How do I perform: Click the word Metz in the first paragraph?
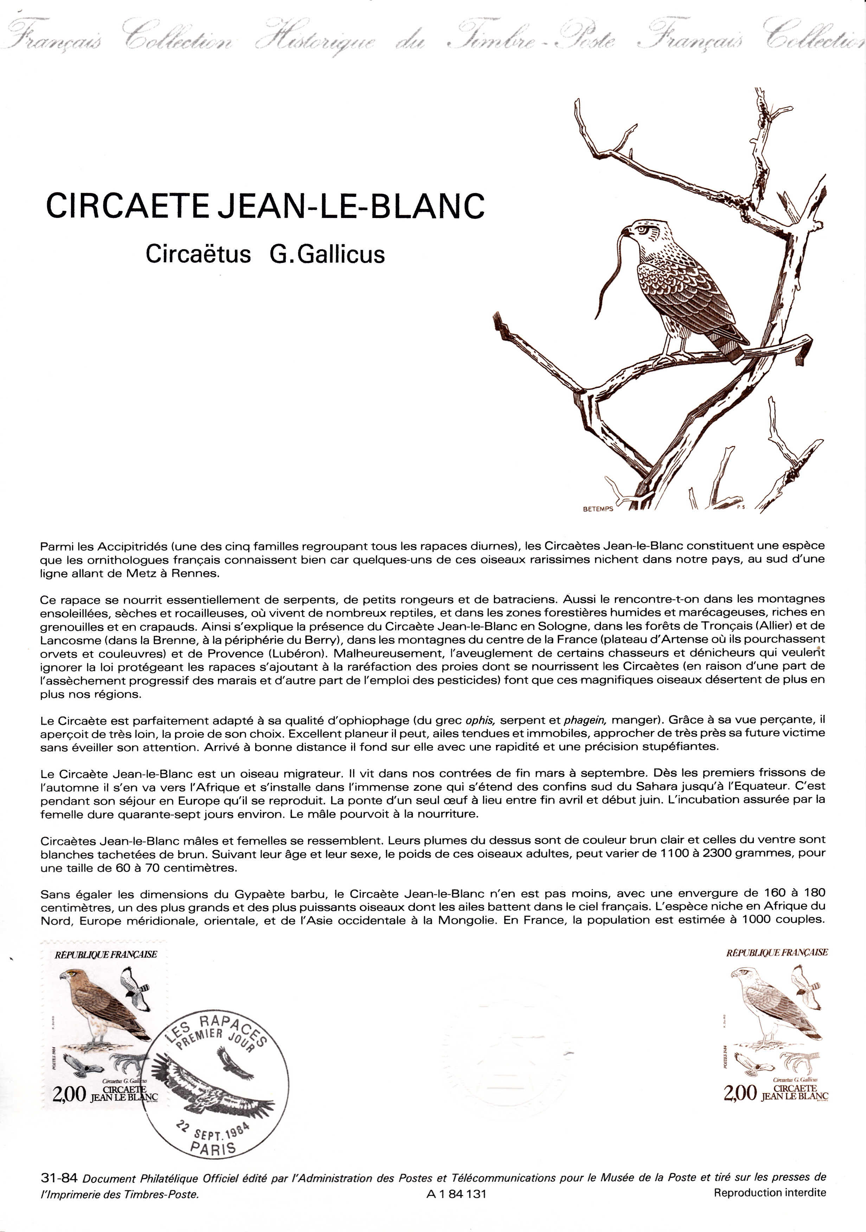135,573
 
